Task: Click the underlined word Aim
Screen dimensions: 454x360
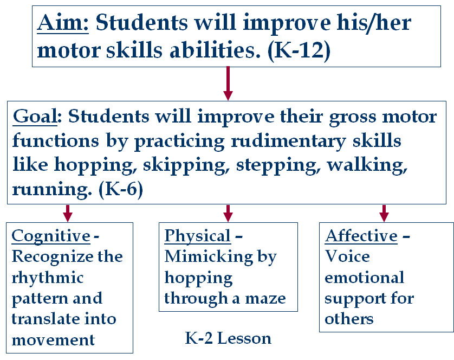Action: click(63, 23)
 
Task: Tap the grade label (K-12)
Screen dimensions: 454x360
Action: click(299, 51)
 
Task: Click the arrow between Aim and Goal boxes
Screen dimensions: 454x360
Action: click(228, 83)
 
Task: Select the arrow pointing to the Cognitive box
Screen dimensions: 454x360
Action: click(68, 213)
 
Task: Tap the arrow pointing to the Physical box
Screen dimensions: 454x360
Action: click(228, 213)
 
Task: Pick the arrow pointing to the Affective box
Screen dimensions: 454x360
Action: click(384, 213)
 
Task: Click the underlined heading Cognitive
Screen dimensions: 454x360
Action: click(51, 236)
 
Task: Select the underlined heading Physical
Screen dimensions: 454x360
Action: click(197, 236)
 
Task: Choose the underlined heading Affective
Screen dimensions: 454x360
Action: click(361, 236)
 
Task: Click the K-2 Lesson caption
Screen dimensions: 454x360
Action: click(228, 338)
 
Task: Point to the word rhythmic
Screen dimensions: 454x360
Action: click(48, 278)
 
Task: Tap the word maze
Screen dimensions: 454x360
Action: click(265, 299)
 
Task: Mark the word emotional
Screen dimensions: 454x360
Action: click(364, 278)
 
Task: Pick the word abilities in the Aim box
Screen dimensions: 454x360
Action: click(215, 50)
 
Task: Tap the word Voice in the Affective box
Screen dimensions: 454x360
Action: click(347, 256)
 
